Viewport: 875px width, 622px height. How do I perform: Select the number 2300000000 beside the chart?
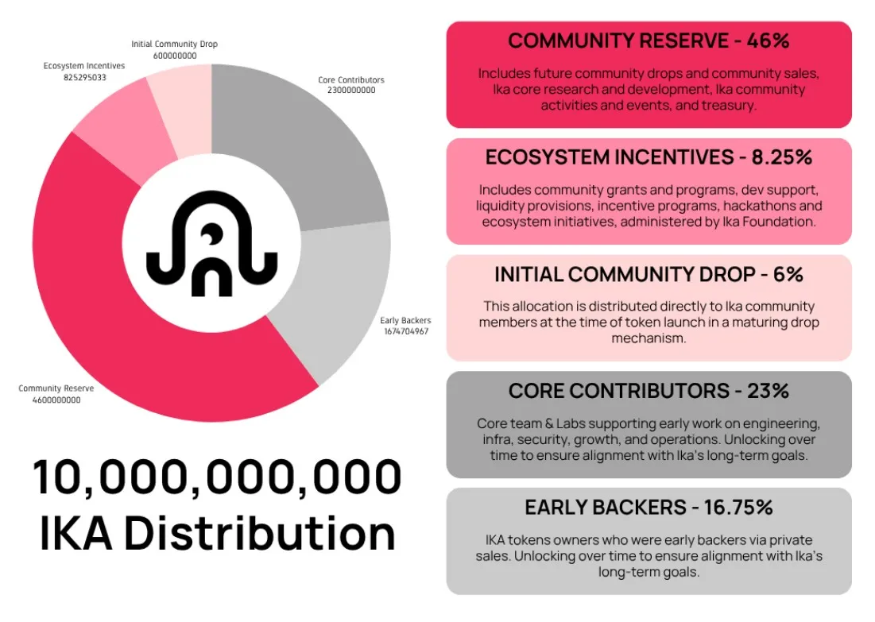coord(350,91)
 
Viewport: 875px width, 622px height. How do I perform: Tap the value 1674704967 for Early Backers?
coord(405,331)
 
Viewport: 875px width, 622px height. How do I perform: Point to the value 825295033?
coord(84,77)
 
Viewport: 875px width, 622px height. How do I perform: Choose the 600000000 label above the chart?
coord(174,56)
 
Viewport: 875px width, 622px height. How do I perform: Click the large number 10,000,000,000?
coord(217,478)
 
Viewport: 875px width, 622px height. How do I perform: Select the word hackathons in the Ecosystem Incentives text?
coord(737,206)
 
